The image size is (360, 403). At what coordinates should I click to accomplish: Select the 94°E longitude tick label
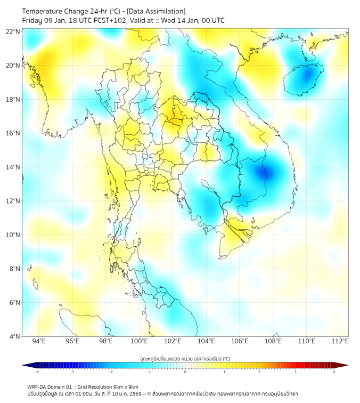pyautogui.click(x=38, y=341)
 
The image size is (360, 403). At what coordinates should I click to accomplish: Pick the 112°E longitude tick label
pyautogui.click(x=340, y=341)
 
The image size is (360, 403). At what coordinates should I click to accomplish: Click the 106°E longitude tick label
pyautogui.click(x=240, y=341)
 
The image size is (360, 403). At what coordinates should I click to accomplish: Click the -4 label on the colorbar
pyautogui.click(x=36, y=372)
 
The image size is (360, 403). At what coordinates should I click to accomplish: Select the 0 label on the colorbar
pyautogui.click(x=185, y=372)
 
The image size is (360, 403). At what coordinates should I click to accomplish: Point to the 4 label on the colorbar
pyautogui.click(x=333, y=372)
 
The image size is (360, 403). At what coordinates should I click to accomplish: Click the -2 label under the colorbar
pyautogui.click(x=111, y=372)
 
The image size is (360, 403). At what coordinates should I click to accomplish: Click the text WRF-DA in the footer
pyautogui.click(x=37, y=386)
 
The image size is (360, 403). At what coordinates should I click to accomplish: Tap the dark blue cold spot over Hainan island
pyautogui.click(x=306, y=75)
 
